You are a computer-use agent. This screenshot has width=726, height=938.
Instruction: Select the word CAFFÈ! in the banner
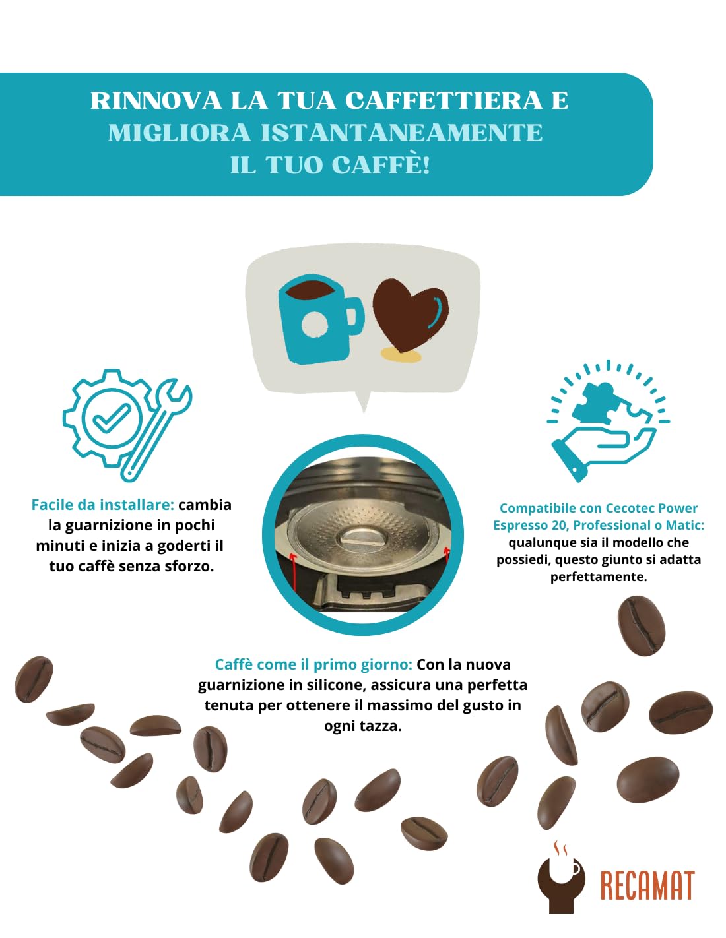coord(381,165)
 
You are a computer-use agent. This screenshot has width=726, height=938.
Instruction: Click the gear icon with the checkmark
coord(106,418)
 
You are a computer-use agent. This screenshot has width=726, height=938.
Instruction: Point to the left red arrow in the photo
coord(293,571)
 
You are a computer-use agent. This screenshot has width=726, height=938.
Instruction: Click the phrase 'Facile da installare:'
coord(102,505)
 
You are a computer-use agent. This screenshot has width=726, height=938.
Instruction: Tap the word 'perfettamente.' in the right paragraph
coord(599,577)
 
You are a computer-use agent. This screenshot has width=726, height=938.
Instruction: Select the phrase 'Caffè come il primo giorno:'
coord(313,665)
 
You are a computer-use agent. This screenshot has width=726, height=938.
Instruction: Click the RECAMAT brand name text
coord(647,886)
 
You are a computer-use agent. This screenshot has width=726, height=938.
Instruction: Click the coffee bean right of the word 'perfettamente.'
coord(640,625)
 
